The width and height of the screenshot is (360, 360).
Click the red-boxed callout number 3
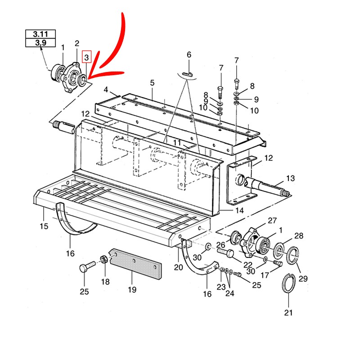tap(86, 57)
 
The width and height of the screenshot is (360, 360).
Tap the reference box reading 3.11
tap(40, 34)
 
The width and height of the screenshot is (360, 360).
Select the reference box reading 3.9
tap(40, 42)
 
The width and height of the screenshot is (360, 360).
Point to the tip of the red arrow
tap(88, 79)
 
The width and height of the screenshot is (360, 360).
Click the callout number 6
tap(189, 54)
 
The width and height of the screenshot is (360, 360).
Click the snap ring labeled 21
tap(288, 283)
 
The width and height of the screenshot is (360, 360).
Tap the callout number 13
tap(290, 178)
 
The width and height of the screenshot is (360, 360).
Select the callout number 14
tap(239, 210)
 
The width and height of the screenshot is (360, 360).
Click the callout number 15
tap(44, 226)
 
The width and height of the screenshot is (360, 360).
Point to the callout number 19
tap(132, 289)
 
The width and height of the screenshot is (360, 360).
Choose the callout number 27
tap(272, 220)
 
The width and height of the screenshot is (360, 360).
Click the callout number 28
tap(299, 236)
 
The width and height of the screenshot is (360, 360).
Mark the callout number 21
tap(288, 312)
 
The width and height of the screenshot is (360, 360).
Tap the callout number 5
tap(153, 83)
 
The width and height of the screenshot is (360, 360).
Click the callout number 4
tap(106, 90)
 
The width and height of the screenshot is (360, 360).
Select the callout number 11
tap(177, 143)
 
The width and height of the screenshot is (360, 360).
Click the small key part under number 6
tap(188, 74)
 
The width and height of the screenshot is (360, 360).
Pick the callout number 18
tap(105, 282)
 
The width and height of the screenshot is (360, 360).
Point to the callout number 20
tap(178, 267)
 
